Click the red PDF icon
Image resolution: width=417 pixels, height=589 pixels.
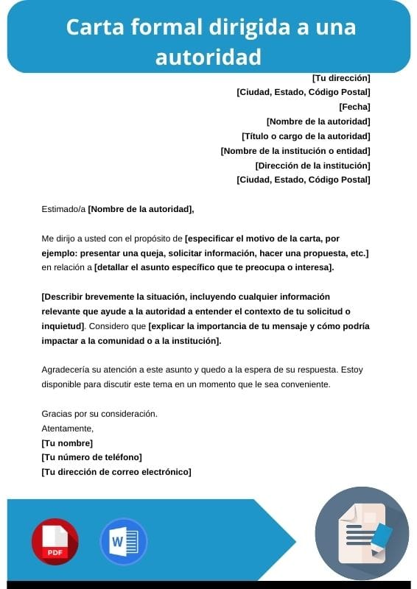[54, 541]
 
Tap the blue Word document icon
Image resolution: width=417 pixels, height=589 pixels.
[123, 542]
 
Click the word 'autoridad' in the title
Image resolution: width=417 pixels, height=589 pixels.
[208, 55]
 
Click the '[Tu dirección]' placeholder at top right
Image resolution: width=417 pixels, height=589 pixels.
[341, 78]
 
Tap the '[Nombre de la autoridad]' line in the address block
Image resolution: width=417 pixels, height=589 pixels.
[318, 121]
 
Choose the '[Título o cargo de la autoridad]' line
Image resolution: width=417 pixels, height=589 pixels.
[306, 136]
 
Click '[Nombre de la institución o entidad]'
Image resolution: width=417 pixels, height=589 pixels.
[295, 151]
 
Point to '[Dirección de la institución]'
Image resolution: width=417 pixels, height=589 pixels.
[312, 166]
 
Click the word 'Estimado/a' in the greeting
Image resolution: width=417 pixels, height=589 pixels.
[63, 209]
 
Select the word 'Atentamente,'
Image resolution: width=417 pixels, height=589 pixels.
[68, 428]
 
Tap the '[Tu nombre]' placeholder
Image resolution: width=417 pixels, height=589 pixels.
[67, 443]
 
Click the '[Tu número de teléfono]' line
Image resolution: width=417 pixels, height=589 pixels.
[92, 458]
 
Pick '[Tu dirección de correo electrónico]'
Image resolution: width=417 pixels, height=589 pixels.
[116, 473]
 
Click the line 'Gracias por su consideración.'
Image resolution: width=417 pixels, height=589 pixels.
[99, 414]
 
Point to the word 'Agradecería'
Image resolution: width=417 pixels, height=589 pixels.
[68, 370]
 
